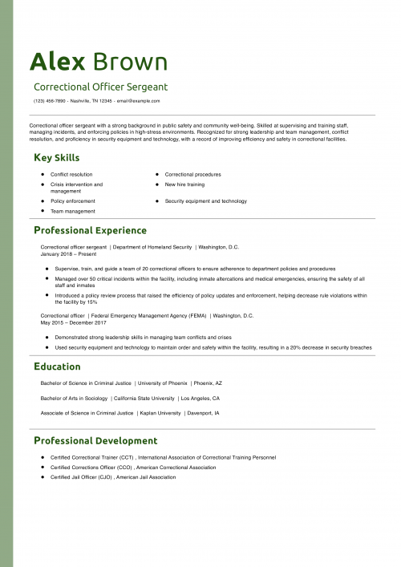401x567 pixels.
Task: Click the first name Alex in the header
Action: (57, 62)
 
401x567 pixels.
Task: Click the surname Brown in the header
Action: (131, 62)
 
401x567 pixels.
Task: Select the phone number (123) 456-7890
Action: (49, 101)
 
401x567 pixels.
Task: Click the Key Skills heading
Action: (56, 157)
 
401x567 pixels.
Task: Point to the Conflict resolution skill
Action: (71, 174)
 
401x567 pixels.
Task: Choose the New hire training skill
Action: (184, 184)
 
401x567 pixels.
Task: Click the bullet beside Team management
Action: (41, 211)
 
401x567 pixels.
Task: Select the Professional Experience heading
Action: (90, 230)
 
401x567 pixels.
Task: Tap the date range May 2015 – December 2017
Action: (73, 322)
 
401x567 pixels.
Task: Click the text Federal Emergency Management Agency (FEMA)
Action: (150, 316)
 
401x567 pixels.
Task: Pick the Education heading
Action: (57, 367)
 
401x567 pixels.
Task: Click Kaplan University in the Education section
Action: (159, 413)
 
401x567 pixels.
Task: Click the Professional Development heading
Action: (95, 440)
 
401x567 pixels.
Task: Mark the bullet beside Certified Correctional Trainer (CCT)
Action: (41, 457)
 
